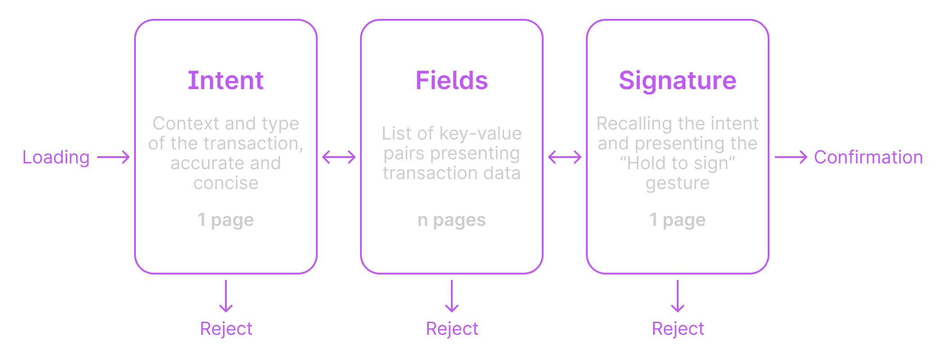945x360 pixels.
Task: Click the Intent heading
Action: pyautogui.click(x=225, y=81)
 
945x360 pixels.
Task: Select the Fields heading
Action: pyautogui.click(x=451, y=81)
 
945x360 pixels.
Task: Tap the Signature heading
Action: pyautogui.click(x=677, y=81)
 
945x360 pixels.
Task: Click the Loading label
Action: pyautogui.click(x=56, y=157)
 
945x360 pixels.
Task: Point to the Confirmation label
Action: pyautogui.click(x=868, y=157)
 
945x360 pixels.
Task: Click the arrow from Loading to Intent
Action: pyautogui.click(x=113, y=157)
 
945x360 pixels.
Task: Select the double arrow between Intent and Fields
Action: pyautogui.click(x=339, y=157)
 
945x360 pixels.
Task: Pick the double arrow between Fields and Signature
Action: pyautogui.click(x=565, y=157)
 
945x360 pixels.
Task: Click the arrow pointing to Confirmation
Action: pyautogui.click(x=791, y=157)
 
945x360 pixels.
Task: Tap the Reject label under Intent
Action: pyautogui.click(x=226, y=329)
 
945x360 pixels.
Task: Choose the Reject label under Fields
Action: pyautogui.click(x=452, y=329)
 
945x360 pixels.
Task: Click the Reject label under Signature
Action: pyautogui.click(x=678, y=329)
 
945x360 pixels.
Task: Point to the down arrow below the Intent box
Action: pyautogui.click(x=226, y=296)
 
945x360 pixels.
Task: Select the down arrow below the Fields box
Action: pyautogui.click(x=452, y=296)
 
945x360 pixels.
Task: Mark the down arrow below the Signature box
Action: pyautogui.click(x=678, y=296)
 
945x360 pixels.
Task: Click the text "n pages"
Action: pyautogui.click(x=451, y=220)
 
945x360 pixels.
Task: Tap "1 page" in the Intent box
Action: pyautogui.click(x=225, y=220)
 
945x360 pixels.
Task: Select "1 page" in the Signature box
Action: pyautogui.click(x=677, y=220)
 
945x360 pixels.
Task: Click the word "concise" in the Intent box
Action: pyautogui.click(x=225, y=183)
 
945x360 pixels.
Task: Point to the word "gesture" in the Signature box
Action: pyautogui.click(x=677, y=183)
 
